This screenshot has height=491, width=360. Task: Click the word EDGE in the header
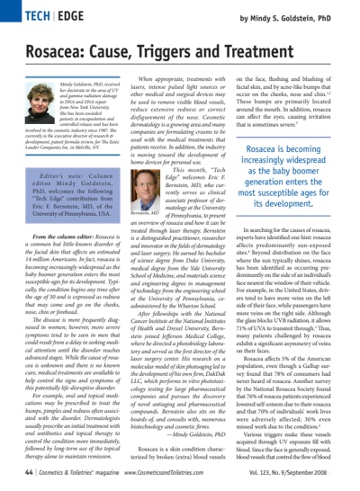[x=62, y=16]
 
